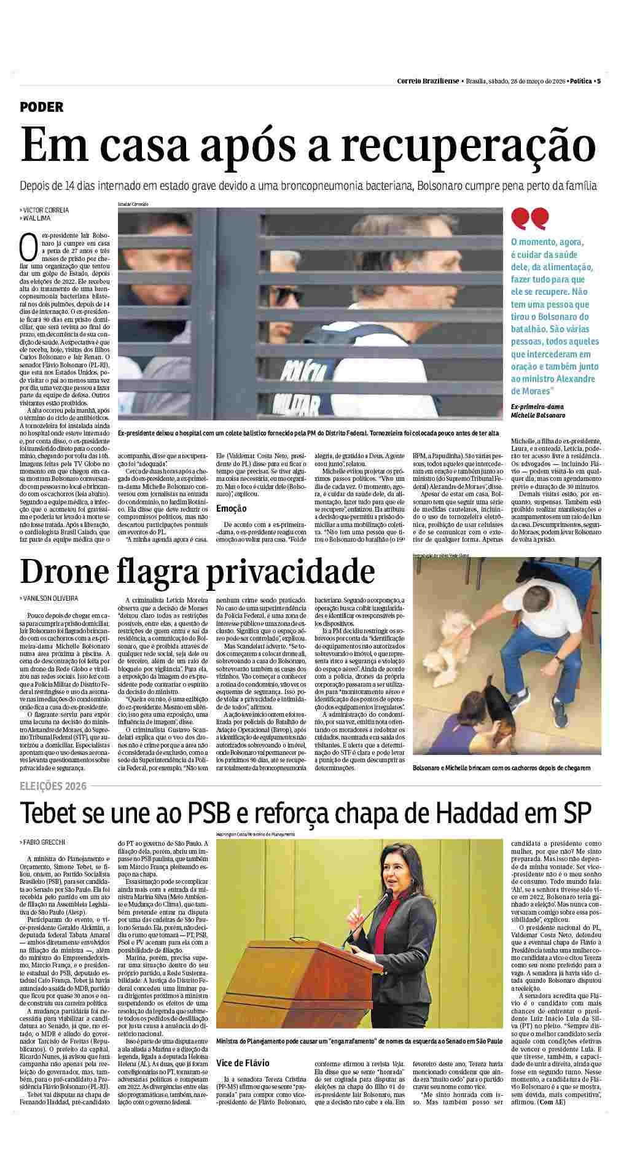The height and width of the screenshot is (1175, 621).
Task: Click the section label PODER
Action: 42,107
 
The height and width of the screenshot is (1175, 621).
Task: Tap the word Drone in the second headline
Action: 68,571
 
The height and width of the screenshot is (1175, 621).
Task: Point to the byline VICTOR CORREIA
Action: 45,210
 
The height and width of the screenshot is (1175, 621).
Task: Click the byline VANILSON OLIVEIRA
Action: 50,598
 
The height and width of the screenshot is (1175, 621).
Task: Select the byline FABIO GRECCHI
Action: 44,842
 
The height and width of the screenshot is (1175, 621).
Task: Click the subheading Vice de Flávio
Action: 243,1063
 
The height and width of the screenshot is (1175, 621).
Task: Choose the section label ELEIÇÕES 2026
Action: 53,786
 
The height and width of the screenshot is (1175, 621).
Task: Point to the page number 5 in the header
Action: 598,81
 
